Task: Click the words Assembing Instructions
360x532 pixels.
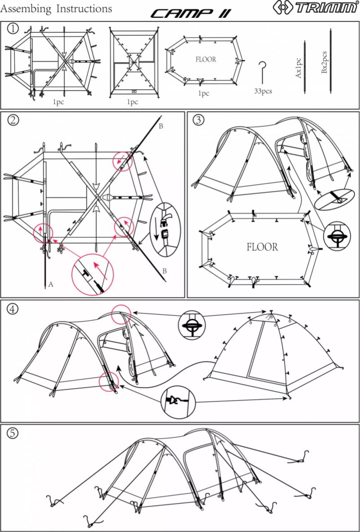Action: (x=56, y=9)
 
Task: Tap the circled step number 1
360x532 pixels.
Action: (x=13, y=29)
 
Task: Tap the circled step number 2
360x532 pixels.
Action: (x=13, y=120)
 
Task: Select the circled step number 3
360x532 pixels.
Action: (x=198, y=120)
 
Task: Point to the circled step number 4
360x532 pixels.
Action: (x=13, y=309)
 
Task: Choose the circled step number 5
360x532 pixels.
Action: (x=13, y=432)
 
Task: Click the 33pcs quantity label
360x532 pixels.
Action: (x=263, y=91)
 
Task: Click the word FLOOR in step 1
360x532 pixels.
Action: (x=206, y=59)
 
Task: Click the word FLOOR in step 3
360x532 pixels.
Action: (x=262, y=247)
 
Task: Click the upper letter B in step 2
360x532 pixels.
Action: (x=161, y=126)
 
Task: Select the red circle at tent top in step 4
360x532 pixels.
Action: (x=121, y=314)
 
